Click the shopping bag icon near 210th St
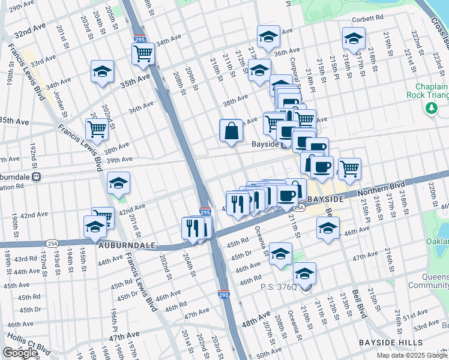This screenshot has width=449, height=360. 231,131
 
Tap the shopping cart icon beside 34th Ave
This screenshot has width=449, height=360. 143,53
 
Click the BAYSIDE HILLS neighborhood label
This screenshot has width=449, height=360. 394,342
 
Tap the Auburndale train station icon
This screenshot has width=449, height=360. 37,176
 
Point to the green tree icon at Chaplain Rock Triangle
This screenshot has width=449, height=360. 430,108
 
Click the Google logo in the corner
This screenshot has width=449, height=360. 20,353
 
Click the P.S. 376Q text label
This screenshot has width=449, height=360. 279,287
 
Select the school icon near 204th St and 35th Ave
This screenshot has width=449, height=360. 103,71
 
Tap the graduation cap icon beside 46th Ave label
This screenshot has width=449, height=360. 328,229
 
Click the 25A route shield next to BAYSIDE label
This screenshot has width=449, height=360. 301,207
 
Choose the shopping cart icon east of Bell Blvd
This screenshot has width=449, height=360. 349,168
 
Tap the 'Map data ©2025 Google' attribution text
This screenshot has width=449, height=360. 411,355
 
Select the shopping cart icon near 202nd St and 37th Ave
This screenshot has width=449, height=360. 96,128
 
